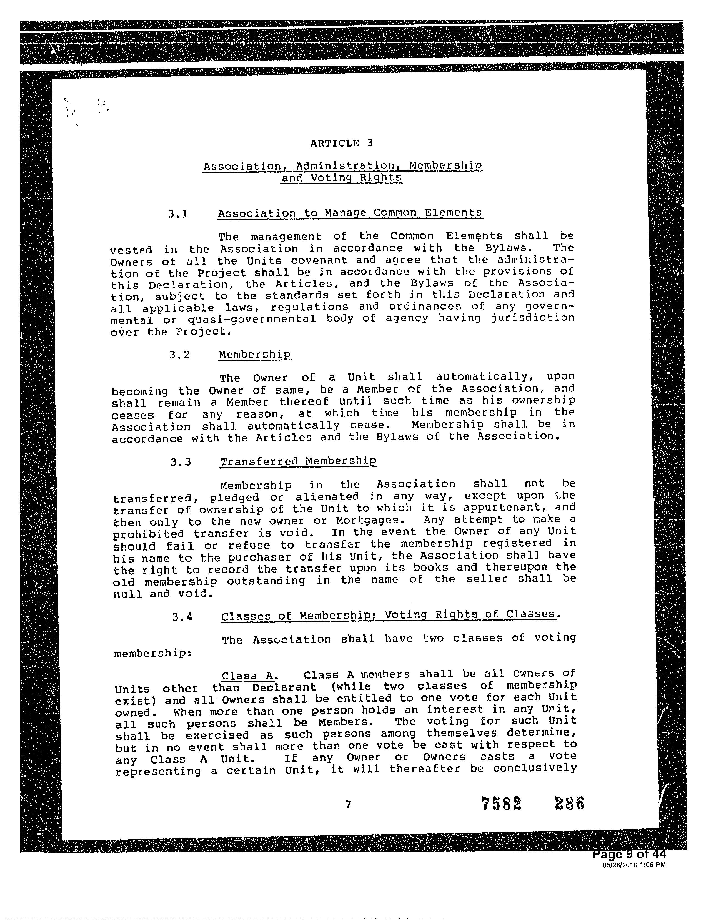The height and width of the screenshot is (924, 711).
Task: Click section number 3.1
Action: (x=178, y=214)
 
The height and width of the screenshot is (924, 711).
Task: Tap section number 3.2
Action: (x=179, y=355)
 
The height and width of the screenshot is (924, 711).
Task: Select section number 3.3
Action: (x=181, y=461)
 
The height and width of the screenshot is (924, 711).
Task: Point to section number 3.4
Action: (x=182, y=617)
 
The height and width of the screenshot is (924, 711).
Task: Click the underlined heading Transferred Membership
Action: (x=298, y=461)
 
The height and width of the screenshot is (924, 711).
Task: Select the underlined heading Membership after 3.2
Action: (x=255, y=354)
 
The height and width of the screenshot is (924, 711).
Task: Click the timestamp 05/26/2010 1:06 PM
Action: (x=634, y=865)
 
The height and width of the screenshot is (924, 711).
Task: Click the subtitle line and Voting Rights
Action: (x=342, y=178)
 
